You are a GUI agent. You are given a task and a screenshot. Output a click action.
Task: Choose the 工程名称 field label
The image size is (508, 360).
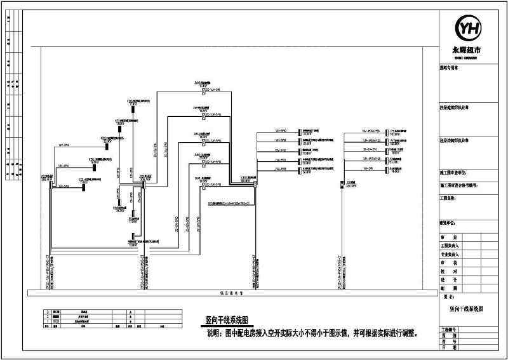(449, 198)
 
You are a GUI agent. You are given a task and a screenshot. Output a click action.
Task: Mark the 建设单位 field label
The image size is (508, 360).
(449, 223)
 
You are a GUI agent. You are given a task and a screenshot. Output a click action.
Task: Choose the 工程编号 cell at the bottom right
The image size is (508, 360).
(449, 330)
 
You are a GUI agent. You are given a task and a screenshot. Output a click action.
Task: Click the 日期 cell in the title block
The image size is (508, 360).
(449, 347)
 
